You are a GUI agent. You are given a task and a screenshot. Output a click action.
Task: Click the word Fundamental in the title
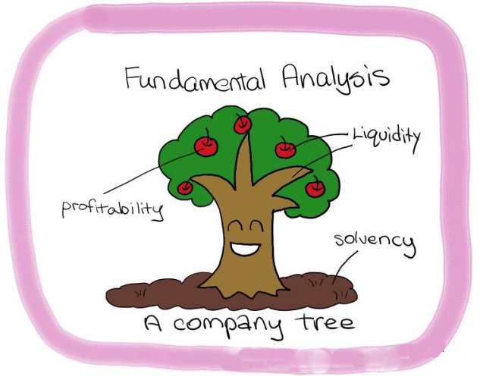click(x=196, y=79)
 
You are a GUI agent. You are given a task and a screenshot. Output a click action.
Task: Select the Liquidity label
click(x=386, y=139)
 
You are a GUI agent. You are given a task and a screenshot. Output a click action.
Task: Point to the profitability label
click(x=112, y=209)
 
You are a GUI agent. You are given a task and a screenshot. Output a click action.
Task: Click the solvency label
click(x=375, y=244)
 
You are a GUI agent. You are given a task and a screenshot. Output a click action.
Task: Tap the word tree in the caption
click(x=325, y=321)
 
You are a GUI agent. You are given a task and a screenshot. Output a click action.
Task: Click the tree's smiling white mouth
click(x=246, y=248)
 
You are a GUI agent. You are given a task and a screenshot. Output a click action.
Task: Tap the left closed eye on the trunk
click(x=235, y=225)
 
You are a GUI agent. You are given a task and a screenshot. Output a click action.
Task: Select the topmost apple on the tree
click(x=242, y=124)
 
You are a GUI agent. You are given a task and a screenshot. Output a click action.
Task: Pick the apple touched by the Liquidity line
click(x=285, y=149)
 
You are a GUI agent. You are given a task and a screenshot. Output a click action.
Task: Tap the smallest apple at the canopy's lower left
click(x=185, y=187)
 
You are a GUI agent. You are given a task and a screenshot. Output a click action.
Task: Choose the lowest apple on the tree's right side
click(x=315, y=187)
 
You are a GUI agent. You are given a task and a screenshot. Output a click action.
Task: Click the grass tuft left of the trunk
click(x=140, y=292)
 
